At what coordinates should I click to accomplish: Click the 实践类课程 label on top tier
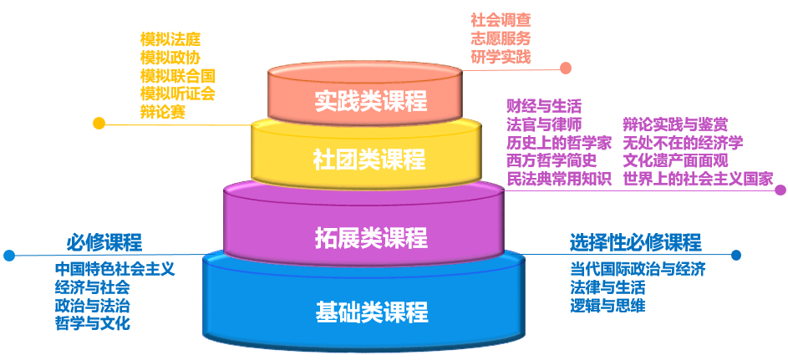pyautogui.click(x=371, y=100)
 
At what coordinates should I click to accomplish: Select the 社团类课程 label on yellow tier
pyautogui.click(x=369, y=159)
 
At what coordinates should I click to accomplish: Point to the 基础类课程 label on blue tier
pyautogui.click(x=372, y=312)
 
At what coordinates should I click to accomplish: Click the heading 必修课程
pyautogui.click(x=104, y=243)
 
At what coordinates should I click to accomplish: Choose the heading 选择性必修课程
pyautogui.click(x=635, y=243)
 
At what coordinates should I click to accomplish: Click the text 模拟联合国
pyautogui.click(x=178, y=75)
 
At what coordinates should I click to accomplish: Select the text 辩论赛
pyautogui.click(x=163, y=111)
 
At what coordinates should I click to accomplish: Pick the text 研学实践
pyautogui.click(x=501, y=56)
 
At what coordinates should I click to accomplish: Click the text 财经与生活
pyautogui.click(x=544, y=106)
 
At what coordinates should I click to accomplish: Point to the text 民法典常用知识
pyautogui.click(x=559, y=179)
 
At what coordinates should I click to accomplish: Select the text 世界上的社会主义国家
pyautogui.click(x=698, y=179)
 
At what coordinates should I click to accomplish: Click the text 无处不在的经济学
pyautogui.click(x=683, y=142)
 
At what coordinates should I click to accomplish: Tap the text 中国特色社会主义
pyautogui.click(x=114, y=269)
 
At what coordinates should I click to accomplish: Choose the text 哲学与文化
pyautogui.click(x=92, y=323)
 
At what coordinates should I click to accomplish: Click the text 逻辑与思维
pyautogui.click(x=608, y=306)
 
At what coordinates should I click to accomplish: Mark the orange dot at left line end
pyautogui.click(x=99, y=124)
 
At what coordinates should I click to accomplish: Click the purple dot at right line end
pyautogui.click(x=780, y=190)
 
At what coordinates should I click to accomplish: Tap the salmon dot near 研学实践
pyautogui.click(x=566, y=68)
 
